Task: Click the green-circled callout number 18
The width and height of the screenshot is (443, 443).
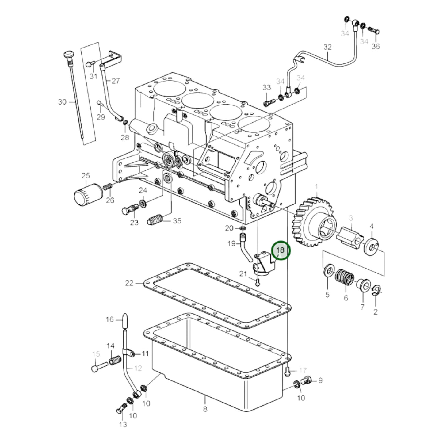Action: tap(280, 250)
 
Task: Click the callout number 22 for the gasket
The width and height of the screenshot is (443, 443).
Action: tap(129, 283)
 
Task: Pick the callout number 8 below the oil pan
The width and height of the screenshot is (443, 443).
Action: tap(205, 409)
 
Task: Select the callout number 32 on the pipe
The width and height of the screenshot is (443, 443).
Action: tap(327, 47)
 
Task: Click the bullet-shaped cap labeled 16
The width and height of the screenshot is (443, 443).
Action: tap(125, 320)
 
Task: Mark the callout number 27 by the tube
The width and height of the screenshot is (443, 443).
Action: tap(116, 81)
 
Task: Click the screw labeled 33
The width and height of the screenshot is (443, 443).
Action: tap(268, 102)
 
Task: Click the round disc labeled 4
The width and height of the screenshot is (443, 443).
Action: tap(371, 247)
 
